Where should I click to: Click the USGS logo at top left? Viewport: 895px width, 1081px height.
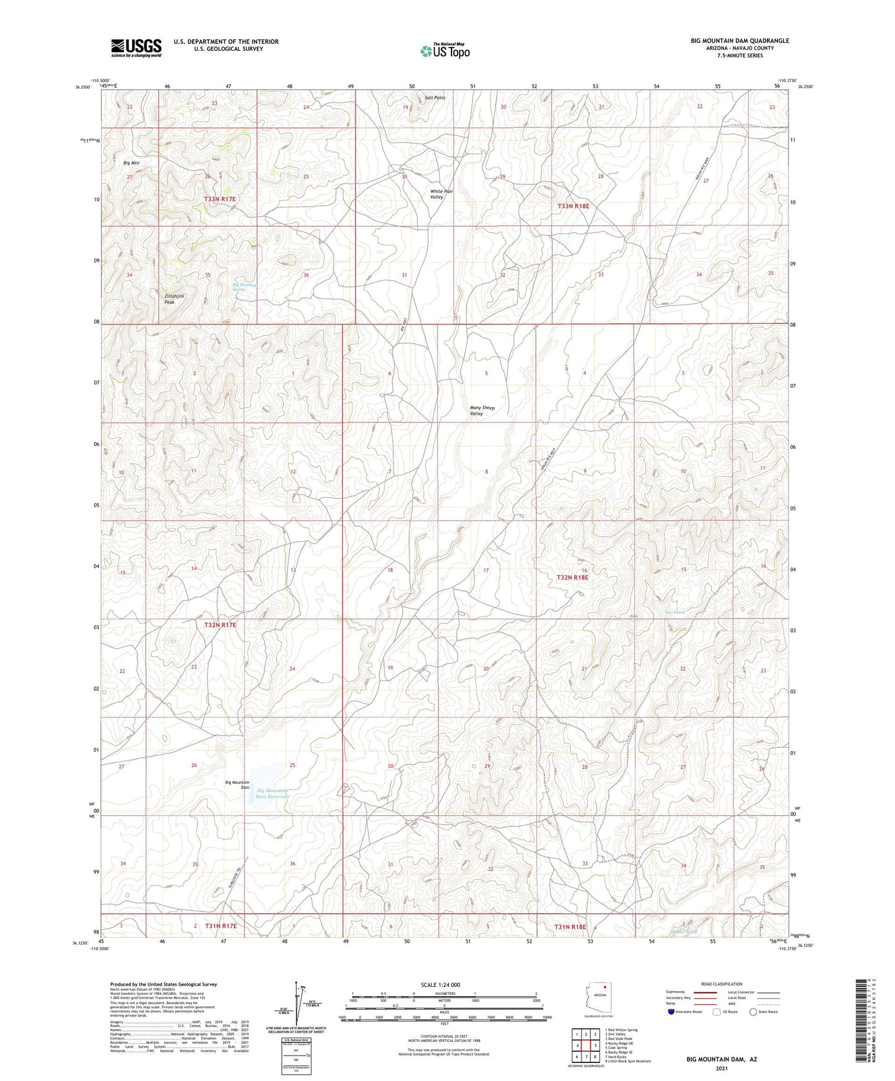136,47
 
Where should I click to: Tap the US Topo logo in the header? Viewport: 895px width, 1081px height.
445,51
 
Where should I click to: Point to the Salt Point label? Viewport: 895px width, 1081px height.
435,98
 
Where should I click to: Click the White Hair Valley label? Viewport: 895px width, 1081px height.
441,194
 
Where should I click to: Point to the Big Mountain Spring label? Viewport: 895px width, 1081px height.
244,287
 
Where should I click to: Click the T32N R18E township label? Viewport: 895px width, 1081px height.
572,577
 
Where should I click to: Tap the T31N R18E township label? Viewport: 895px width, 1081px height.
570,927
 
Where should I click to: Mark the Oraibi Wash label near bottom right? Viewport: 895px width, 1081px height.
684,931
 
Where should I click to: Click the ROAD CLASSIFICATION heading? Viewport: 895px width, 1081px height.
722,984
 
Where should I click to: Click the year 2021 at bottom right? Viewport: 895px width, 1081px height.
721,1069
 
